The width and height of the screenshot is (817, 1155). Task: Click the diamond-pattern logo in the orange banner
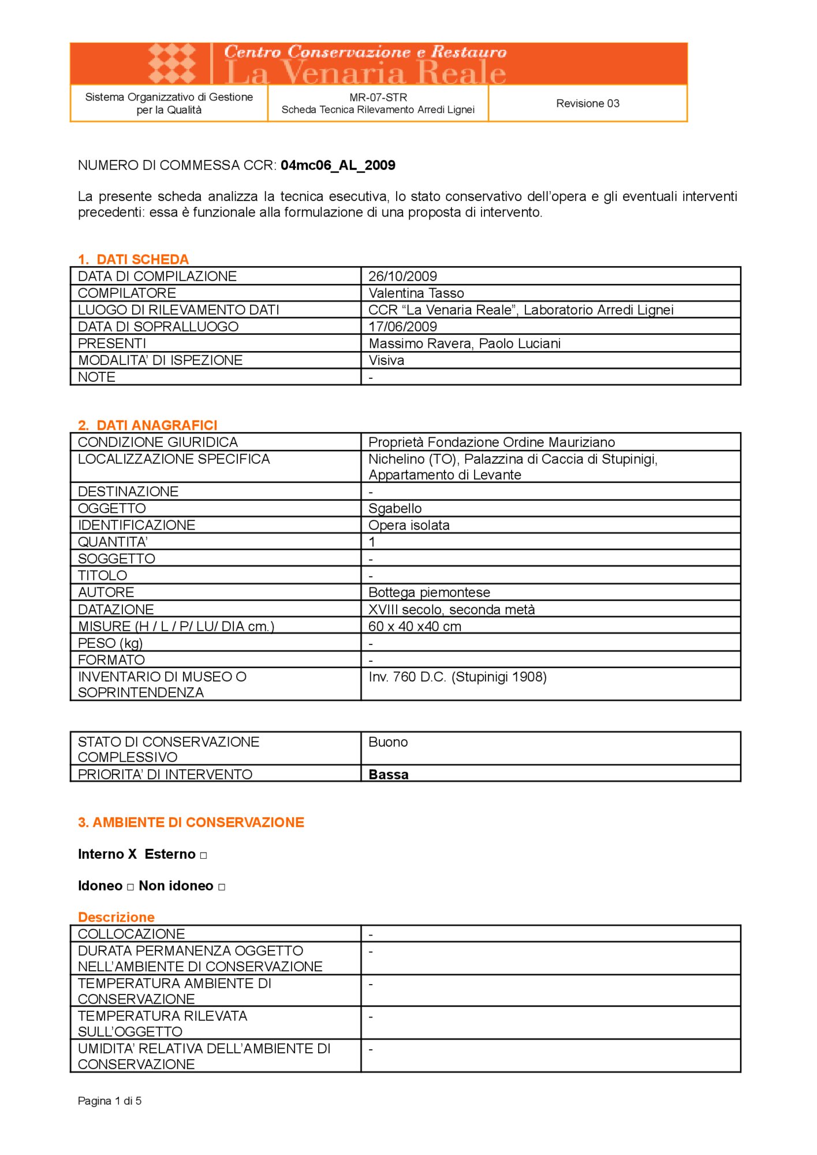tap(171, 63)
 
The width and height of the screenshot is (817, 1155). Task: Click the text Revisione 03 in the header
tap(587, 103)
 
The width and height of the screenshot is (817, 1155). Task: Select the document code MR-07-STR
tap(378, 97)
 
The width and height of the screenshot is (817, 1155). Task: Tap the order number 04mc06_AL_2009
tap(338, 165)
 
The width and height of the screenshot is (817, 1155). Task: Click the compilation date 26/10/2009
tap(402, 276)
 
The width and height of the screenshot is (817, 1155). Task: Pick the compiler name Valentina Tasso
tap(416, 293)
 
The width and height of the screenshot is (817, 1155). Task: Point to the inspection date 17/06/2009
tap(402, 326)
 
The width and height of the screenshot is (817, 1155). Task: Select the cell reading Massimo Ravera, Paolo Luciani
tap(464, 344)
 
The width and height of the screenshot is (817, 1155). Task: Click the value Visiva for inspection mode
tap(386, 360)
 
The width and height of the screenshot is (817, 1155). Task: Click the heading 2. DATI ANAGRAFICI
tap(147, 425)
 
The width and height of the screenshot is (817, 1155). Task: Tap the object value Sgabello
tap(395, 508)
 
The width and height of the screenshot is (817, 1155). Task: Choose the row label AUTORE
tap(106, 592)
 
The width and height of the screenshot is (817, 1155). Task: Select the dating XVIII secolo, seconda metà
tap(452, 609)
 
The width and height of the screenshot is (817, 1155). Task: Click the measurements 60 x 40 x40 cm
tap(415, 626)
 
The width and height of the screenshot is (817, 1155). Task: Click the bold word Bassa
tap(388, 774)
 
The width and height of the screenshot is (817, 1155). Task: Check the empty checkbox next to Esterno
tap(203, 855)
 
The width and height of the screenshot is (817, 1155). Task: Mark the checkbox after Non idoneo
tap(222, 887)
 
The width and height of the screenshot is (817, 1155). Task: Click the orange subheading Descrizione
tap(116, 917)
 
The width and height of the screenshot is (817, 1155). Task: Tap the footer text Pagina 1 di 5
tap(110, 1101)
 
